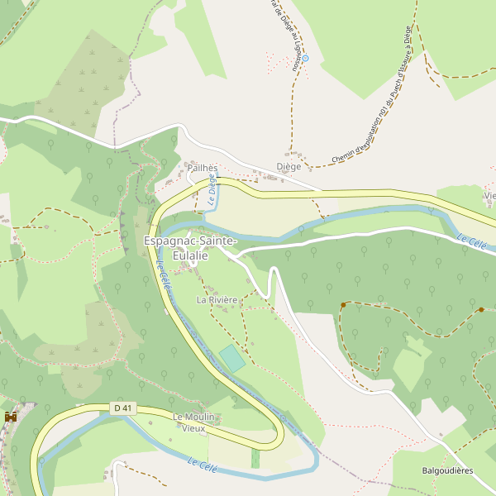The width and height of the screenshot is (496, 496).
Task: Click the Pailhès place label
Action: point(202,167)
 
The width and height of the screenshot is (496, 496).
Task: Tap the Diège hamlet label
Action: point(289,166)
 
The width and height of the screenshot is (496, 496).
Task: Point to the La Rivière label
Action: point(217,299)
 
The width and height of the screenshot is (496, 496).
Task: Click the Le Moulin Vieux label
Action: point(193,422)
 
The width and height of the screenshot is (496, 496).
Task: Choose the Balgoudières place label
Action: point(447,470)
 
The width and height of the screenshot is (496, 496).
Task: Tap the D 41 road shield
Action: point(122,408)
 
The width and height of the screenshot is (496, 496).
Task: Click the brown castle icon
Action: point(11,417)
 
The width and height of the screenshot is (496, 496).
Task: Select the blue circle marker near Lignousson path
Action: point(304,58)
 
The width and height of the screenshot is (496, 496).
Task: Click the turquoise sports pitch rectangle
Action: point(232,359)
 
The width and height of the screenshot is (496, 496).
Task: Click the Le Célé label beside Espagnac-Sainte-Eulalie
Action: point(164,274)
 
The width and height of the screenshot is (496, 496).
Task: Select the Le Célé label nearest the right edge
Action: point(471,241)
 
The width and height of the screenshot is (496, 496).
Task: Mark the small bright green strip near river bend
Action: point(255,458)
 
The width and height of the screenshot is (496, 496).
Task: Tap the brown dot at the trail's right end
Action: point(481,309)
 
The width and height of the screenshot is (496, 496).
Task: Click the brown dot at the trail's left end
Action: point(342,306)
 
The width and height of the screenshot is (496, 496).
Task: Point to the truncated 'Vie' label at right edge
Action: point(490,196)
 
